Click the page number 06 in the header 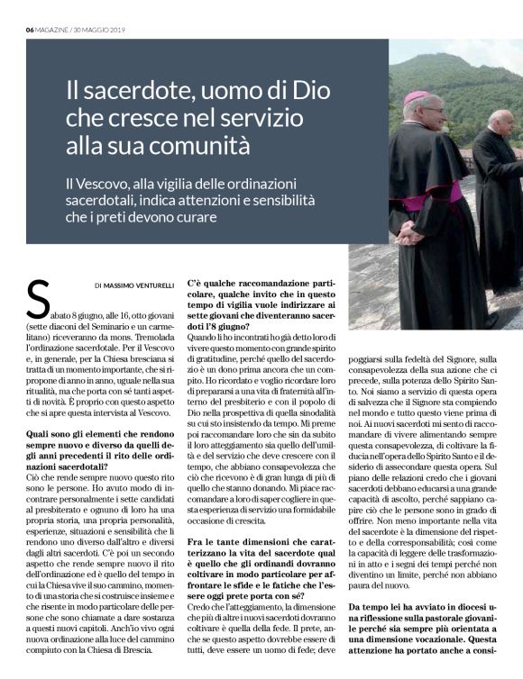tap(30, 29)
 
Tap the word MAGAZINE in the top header tap(53, 29)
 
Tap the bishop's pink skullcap tap(417, 98)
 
